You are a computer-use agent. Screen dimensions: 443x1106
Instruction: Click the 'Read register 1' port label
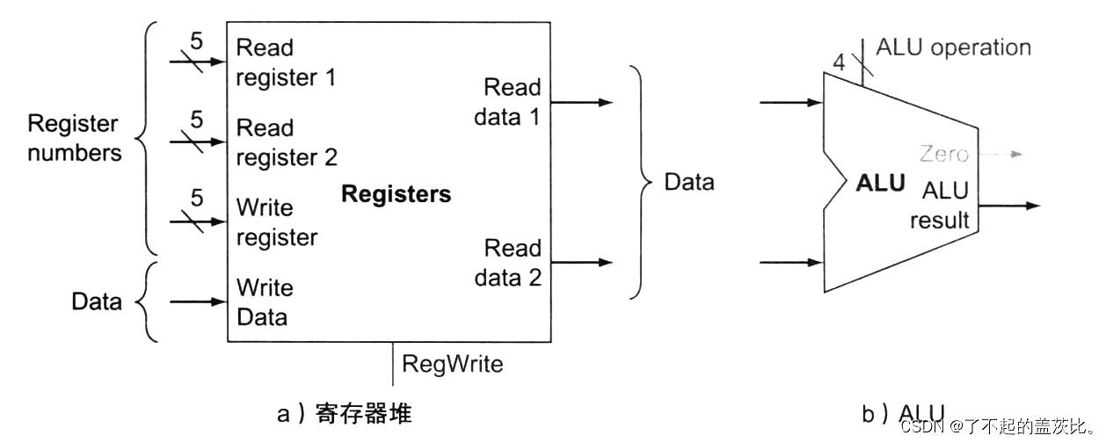[286, 62]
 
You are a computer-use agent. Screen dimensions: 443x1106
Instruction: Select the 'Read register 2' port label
[287, 142]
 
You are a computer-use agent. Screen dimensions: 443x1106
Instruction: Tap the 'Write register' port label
[276, 222]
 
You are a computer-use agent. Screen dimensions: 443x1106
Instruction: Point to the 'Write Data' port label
[265, 301]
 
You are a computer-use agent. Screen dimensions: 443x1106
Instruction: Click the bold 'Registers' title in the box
[396, 194]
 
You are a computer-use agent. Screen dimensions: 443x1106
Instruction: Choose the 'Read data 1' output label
[507, 102]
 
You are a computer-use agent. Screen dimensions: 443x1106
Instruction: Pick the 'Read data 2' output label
[507, 262]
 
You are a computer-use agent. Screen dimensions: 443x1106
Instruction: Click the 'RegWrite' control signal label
[452, 363]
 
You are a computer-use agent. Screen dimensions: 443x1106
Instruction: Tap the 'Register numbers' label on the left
[74, 138]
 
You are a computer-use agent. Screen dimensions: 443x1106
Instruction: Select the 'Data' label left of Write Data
[97, 302]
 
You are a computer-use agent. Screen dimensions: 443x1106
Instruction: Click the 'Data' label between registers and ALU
[688, 182]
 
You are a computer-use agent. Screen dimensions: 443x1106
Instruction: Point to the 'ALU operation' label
[953, 47]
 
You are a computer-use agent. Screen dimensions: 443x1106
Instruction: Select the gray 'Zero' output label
[943, 155]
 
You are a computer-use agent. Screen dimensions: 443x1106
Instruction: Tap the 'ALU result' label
[939, 205]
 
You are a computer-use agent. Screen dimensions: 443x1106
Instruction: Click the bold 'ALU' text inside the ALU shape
[879, 184]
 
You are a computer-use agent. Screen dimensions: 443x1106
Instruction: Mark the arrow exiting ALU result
[1009, 207]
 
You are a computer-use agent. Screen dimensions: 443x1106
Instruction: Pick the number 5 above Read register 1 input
[197, 40]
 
